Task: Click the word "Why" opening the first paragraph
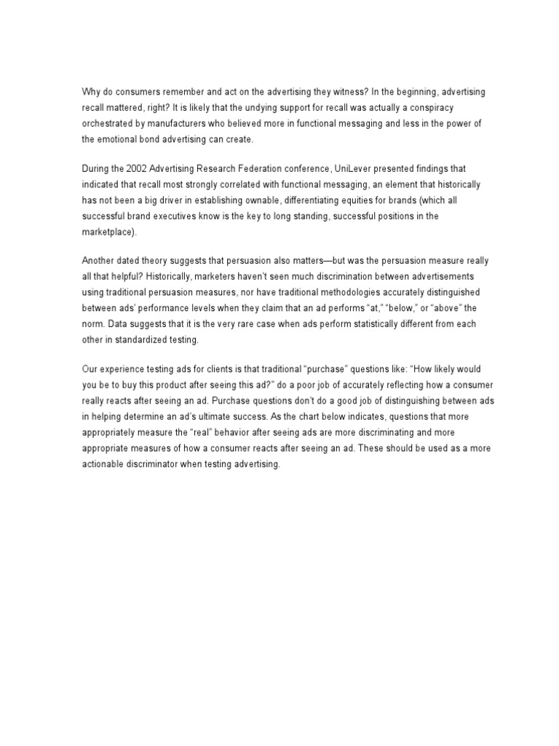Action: pos(91,93)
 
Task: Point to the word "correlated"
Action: pos(232,186)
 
